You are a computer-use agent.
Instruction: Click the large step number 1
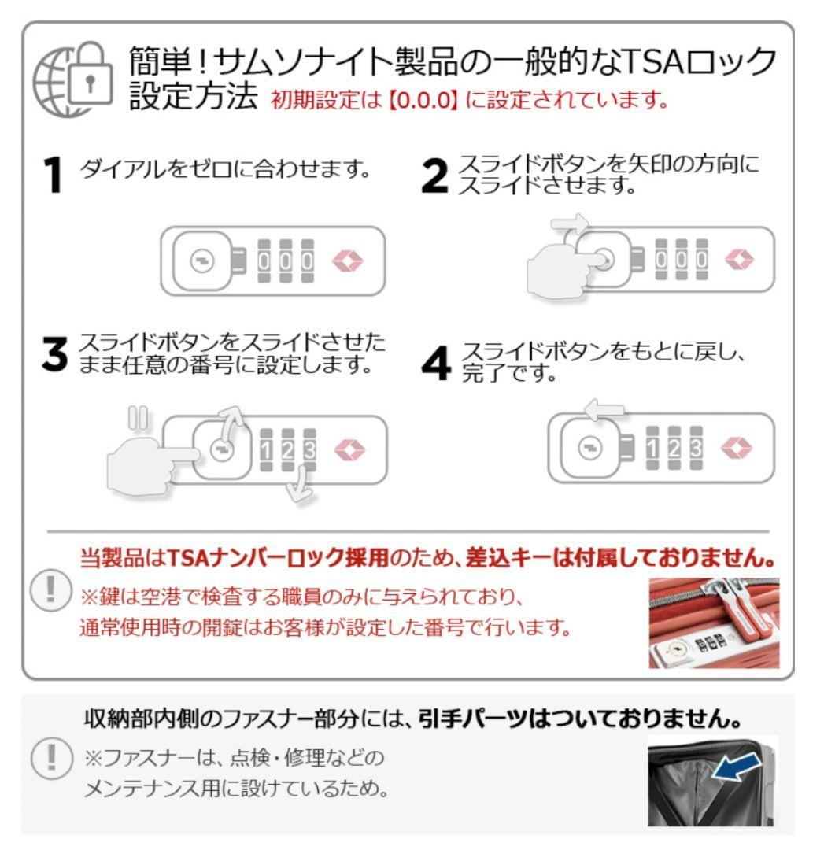(x=52, y=175)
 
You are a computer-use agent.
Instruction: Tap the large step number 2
(x=435, y=175)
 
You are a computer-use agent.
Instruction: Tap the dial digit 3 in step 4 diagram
(x=696, y=449)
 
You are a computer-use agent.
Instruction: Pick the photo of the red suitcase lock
(x=713, y=623)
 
